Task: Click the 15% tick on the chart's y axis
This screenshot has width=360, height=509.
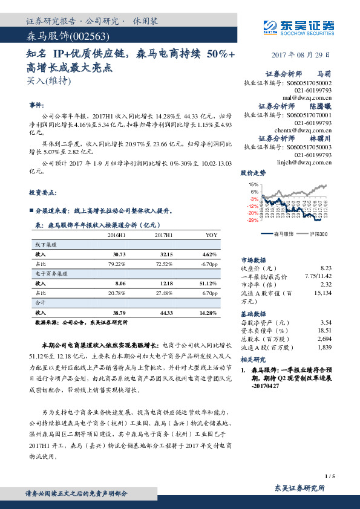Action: coord(254,184)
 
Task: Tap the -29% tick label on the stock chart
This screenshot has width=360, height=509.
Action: coord(252,221)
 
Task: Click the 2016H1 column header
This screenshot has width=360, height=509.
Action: coord(116,235)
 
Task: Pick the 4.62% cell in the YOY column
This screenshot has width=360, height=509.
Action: coord(209,254)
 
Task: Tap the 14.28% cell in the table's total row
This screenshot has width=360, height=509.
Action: coord(207,313)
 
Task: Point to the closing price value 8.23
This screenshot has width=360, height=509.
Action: coord(326,267)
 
